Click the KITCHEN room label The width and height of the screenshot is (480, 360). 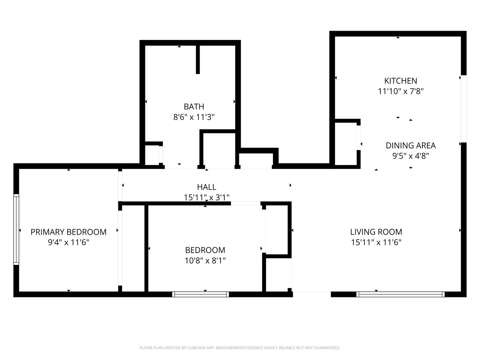coord(400,81)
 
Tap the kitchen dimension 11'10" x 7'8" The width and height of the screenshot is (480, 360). coord(400,91)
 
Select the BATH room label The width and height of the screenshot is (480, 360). coord(194,107)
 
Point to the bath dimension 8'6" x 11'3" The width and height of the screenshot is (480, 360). coord(194,117)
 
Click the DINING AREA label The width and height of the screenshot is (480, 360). coord(410,145)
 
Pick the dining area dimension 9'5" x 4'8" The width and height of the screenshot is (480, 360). coord(410,156)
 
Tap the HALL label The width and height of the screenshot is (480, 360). coord(206,187)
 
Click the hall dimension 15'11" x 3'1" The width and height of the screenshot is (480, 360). coord(206,197)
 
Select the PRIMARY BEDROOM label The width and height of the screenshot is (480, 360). coord(68,232)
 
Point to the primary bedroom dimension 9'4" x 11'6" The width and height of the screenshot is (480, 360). coord(68,242)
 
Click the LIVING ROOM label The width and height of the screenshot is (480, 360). coord(376,232)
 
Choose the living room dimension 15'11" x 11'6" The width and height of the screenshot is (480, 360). coord(376,242)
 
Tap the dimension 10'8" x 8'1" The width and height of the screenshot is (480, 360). coord(205,260)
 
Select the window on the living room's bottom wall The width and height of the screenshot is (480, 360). coord(400,294)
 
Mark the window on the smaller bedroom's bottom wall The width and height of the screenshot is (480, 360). coord(200,294)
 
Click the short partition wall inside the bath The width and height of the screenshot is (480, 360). coord(198,59)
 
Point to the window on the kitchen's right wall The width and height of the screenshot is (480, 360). coord(463,109)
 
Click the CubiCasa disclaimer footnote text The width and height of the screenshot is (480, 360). coord(240,348)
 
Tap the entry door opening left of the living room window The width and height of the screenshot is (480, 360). coord(312,294)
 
